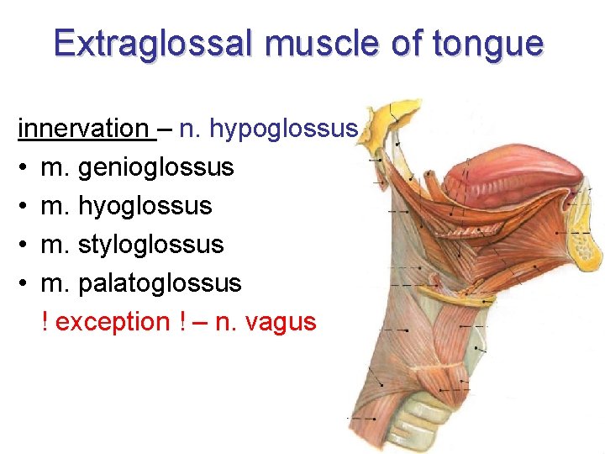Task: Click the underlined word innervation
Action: pyautogui.click(x=82, y=129)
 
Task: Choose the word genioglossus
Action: pyautogui.click(x=155, y=167)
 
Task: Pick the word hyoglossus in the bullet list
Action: pyautogui.click(x=145, y=206)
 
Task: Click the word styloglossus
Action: pyautogui.click(x=150, y=245)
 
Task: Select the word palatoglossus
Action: pyautogui.click(x=159, y=283)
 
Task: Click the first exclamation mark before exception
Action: pyautogui.click(x=45, y=321)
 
